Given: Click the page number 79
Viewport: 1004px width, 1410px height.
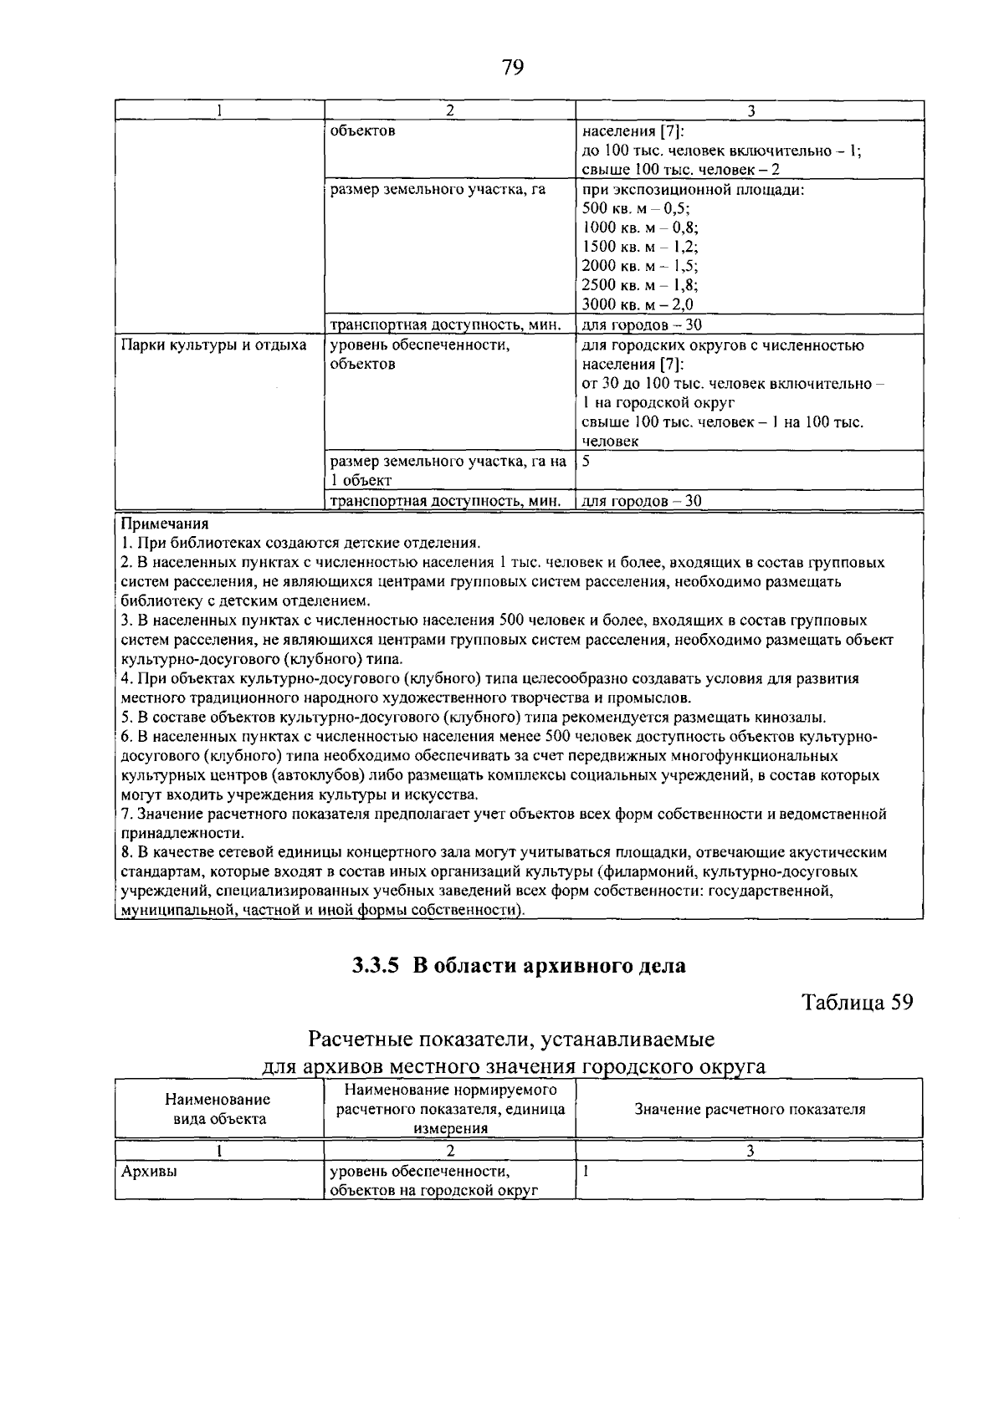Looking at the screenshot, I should [512, 67].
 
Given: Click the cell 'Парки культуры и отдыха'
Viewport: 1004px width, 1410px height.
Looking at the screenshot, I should [213, 345].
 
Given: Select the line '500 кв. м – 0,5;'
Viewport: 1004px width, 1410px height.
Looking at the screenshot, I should [636, 209].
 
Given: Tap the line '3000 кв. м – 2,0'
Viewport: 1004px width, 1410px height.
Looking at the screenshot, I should [638, 305].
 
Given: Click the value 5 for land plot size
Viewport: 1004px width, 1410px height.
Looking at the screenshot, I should [587, 461].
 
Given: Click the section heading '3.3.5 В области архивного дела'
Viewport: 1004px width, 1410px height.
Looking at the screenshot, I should [518, 966].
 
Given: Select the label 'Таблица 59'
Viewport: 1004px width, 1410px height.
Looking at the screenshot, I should [857, 1002].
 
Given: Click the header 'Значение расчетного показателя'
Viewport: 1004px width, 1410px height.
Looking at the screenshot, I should [750, 1109].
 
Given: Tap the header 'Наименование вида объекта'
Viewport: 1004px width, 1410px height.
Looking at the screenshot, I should [218, 1109].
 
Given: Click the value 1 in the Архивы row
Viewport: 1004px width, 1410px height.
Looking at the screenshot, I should [587, 1172].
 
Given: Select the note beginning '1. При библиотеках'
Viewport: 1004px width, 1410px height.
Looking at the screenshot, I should [301, 543].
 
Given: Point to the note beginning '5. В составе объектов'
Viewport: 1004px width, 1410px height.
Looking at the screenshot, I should [474, 717].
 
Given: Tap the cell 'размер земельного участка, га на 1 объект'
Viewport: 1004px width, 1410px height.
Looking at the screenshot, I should [448, 470].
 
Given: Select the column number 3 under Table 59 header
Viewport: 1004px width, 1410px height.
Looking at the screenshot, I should [750, 1151].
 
